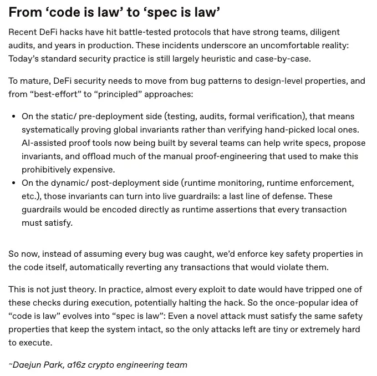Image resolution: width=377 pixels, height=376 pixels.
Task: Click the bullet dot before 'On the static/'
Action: click(x=13, y=116)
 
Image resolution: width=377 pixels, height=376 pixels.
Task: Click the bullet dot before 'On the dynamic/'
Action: click(x=13, y=183)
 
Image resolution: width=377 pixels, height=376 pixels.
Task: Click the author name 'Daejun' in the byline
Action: click(x=27, y=365)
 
